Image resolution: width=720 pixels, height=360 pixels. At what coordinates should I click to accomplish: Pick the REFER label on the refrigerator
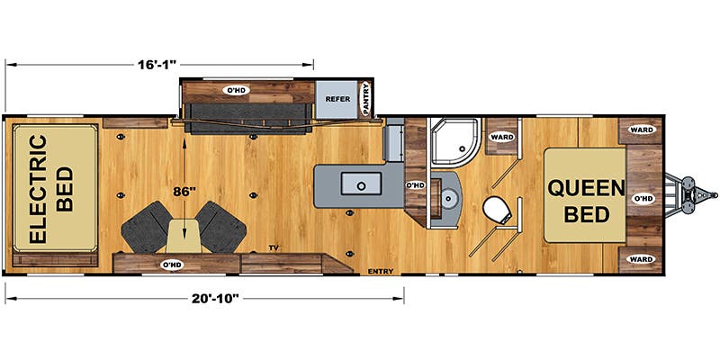337,100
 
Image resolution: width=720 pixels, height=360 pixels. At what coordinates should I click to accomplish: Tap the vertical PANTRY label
367,99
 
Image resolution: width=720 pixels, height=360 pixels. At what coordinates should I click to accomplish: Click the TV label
274,246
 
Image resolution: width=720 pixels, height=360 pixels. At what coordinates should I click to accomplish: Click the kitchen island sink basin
361,185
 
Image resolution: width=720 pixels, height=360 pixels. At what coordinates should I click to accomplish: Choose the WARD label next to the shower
500,137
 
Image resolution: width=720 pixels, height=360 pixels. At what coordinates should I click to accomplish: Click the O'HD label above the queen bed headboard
643,199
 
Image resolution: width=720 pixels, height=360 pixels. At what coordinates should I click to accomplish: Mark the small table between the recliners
187,236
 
